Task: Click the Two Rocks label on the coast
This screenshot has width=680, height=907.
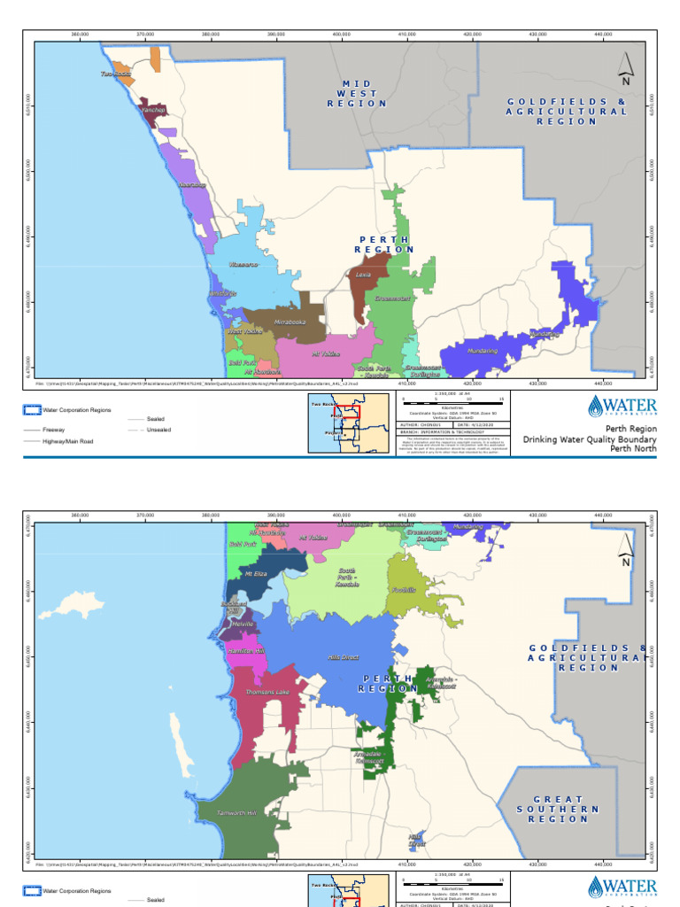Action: tap(116, 74)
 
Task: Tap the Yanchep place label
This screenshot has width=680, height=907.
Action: tap(153, 110)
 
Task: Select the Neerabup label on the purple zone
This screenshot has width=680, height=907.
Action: tap(192, 185)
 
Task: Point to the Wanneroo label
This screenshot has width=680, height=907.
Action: tap(243, 265)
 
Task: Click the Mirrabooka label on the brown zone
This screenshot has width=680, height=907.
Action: tap(290, 322)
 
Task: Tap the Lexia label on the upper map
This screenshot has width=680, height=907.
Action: tap(363, 275)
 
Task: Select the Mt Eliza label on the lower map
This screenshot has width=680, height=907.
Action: tap(255, 573)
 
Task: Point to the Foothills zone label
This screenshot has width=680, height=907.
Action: tap(402, 590)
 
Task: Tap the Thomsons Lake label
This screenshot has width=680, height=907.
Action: tap(267, 692)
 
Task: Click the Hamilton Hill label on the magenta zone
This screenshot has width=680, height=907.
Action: tap(245, 650)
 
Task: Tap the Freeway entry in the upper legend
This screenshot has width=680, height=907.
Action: tap(55, 429)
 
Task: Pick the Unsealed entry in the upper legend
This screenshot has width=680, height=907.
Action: tap(159, 430)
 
